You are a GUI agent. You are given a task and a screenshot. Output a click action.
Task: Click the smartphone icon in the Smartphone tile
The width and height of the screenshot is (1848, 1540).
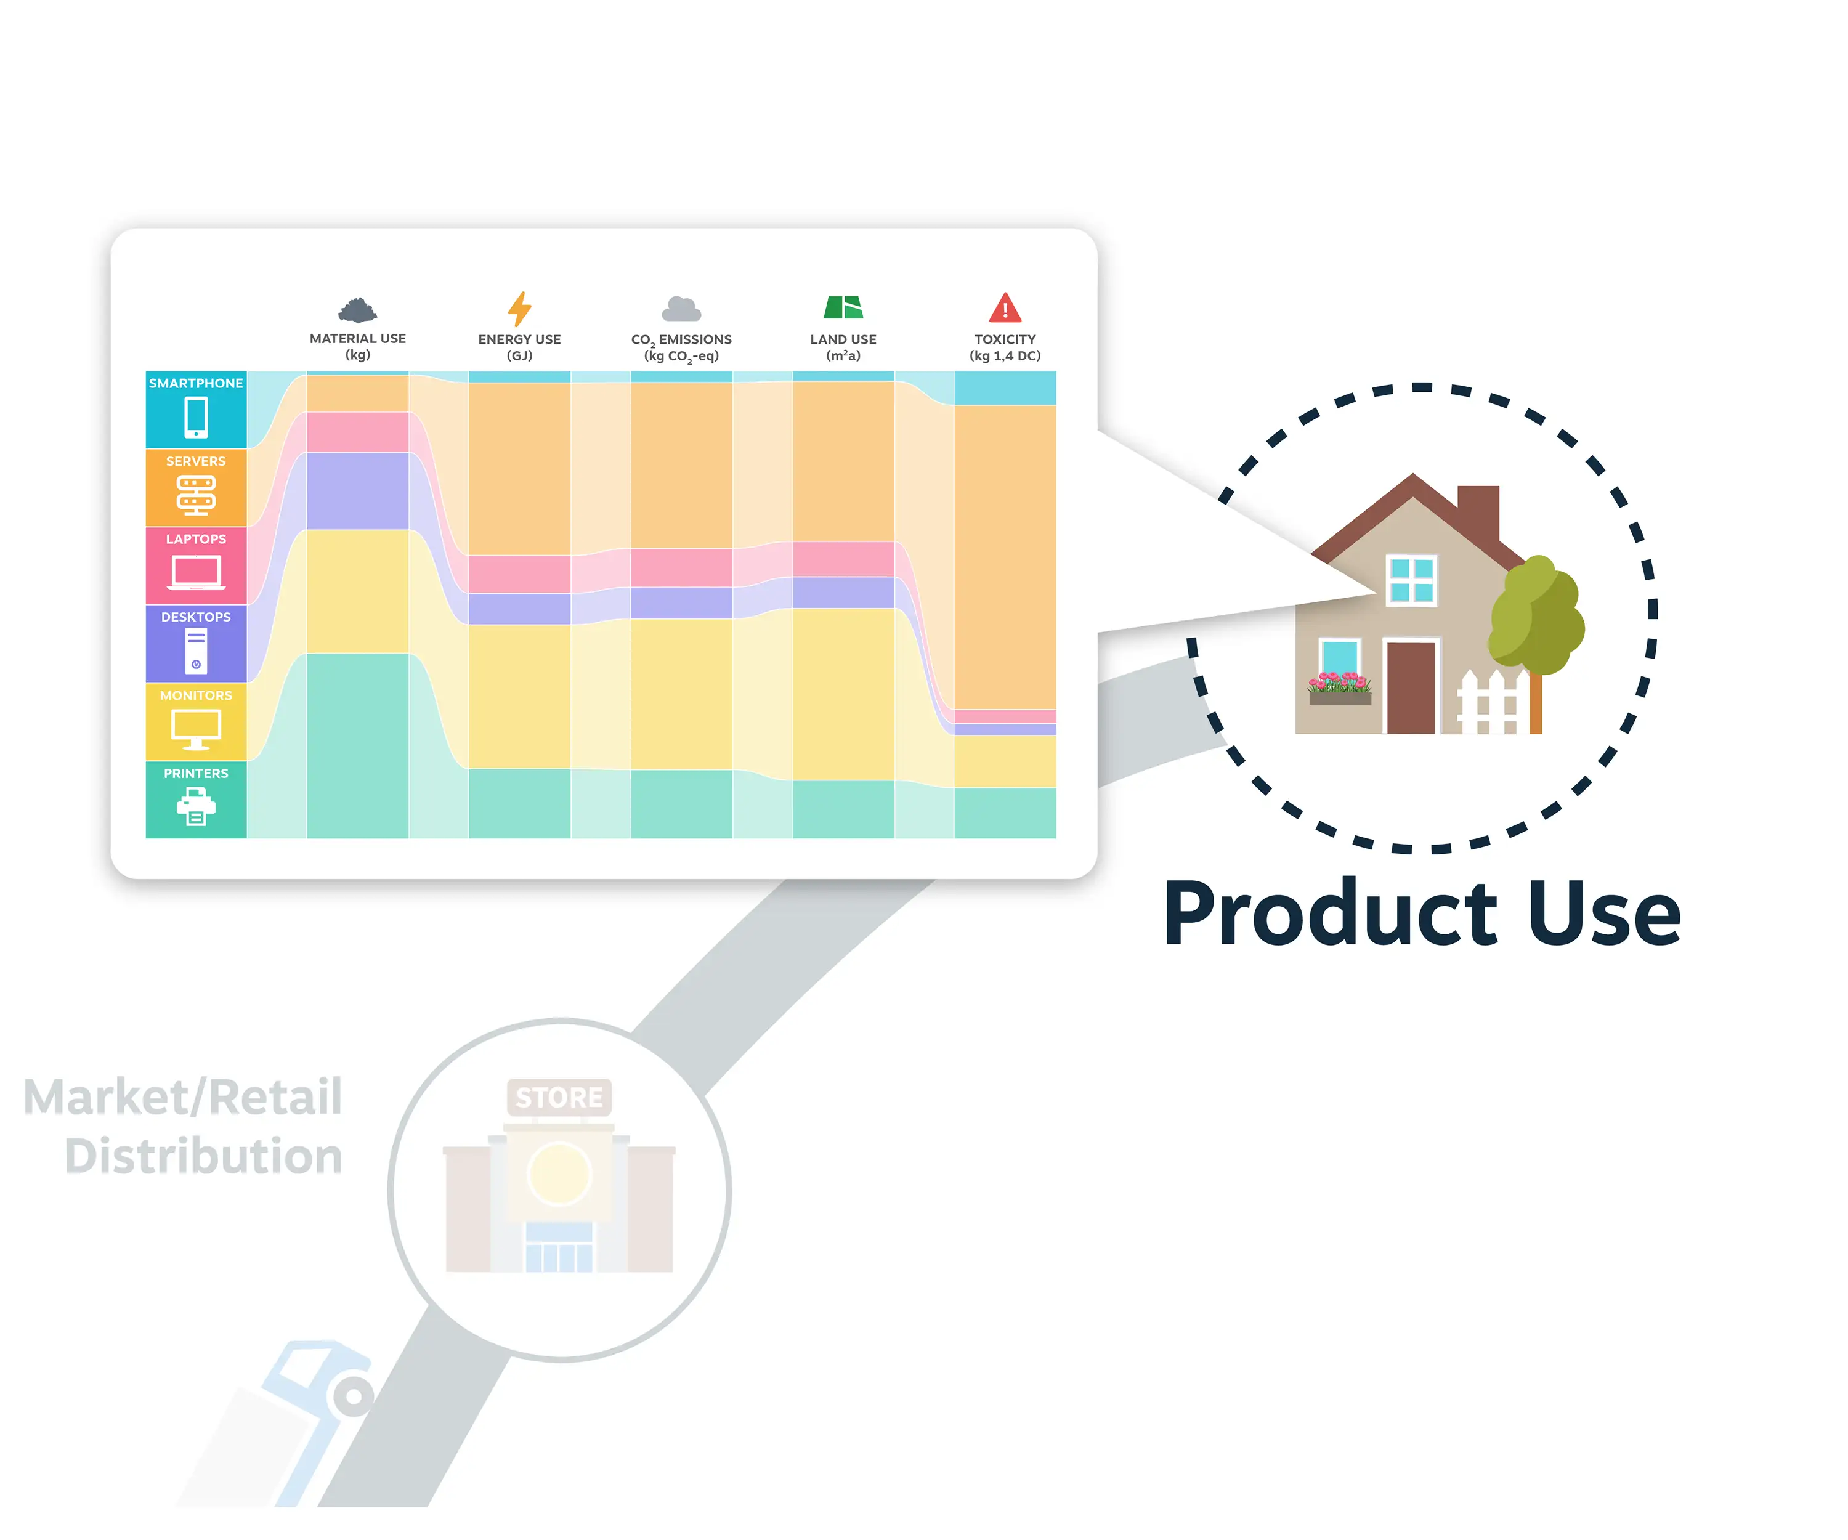tap(197, 417)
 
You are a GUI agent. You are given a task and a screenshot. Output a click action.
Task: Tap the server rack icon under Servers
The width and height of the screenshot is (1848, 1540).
tap(197, 495)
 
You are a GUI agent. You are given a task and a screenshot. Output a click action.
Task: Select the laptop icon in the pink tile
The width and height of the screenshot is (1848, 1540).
tap(197, 573)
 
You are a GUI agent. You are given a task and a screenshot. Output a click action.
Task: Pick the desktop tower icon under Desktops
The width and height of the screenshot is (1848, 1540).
tap(197, 651)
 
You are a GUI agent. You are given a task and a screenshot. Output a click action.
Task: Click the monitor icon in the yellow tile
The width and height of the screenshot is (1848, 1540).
tap(197, 729)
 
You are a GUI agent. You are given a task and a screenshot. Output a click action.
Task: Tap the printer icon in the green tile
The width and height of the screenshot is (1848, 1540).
tap(197, 807)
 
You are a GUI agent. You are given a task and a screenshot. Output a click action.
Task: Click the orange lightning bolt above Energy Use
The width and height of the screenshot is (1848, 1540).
tap(519, 309)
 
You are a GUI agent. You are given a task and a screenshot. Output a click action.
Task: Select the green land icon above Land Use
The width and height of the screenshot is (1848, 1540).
tap(843, 307)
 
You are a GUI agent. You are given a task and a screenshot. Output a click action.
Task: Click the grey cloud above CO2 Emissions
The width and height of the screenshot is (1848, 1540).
tap(681, 309)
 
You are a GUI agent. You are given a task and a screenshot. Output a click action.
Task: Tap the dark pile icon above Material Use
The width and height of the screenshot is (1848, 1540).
tap(357, 310)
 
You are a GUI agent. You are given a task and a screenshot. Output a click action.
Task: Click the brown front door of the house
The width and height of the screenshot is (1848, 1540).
tap(1411, 687)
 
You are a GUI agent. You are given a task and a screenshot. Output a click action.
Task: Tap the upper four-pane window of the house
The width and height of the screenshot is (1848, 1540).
tap(1411, 580)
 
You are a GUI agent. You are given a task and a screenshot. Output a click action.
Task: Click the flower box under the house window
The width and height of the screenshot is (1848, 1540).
tap(1339, 689)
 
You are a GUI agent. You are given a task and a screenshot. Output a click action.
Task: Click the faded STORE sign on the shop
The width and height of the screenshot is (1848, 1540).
tap(559, 1097)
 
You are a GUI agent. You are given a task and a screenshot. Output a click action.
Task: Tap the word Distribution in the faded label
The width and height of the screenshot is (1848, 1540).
tap(203, 1156)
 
